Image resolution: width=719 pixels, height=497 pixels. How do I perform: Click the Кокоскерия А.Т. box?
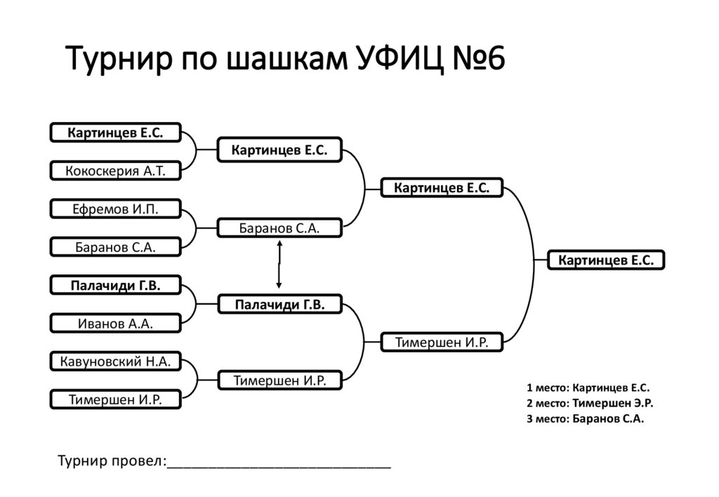[x=116, y=171]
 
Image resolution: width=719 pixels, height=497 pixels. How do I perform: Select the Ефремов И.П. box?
[x=116, y=208]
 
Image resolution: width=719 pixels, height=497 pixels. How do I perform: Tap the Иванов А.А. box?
[x=116, y=323]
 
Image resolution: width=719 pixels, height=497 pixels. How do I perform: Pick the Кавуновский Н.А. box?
[x=116, y=362]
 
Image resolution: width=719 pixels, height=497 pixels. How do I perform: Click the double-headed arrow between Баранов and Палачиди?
[x=279, y=265]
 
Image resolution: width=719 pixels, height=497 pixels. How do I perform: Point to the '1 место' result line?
[x=588, y=388]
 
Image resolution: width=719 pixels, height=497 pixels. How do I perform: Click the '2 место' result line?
[x=590, y=404]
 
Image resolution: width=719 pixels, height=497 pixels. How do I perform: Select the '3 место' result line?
[x=585, y=418]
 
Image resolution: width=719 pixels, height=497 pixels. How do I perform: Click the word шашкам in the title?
[x=287, y=59]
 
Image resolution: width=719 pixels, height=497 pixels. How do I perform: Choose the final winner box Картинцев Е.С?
[x=606, y=260]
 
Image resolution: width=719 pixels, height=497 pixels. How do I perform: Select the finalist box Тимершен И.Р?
[x=442, y=342]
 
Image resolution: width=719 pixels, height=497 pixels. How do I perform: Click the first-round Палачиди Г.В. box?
[x=116, y=285]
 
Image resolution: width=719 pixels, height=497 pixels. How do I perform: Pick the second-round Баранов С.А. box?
[x=279, y=228]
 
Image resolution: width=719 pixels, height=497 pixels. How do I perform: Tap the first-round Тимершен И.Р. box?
[x=116, y=399]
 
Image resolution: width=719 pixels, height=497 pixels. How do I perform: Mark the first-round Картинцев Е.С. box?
[x=116, y=133]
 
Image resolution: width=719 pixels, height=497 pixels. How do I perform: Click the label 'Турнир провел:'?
[x=112, y=460]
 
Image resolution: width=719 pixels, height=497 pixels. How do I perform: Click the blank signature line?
[x=279, y=468]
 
